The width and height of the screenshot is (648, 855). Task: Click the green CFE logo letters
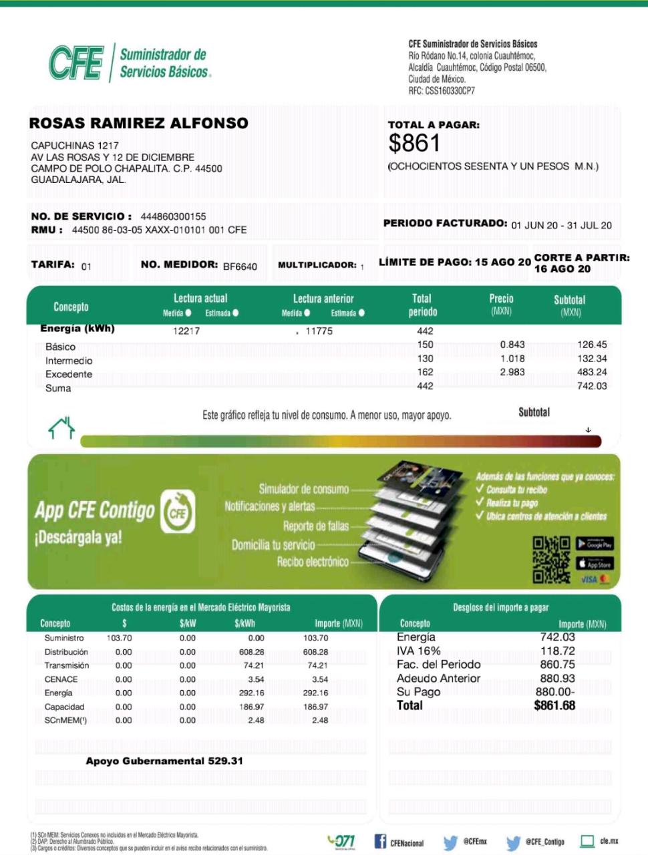(x=76, y=63)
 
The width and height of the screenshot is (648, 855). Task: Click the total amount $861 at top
(x=414, y=144)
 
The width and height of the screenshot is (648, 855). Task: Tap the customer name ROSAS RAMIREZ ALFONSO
(x=138, y=123)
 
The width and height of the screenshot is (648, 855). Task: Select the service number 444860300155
(x=173, y=216)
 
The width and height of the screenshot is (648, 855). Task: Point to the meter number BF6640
(x=240, y=267)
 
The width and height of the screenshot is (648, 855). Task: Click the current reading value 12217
(x=186, y=331)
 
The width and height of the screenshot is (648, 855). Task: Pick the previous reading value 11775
(x=319, y=331)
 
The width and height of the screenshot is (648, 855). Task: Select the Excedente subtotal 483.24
(x=592, y=372)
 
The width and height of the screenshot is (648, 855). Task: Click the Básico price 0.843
(x=512, y=345)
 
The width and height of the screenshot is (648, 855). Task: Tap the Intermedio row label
(x=69, y=361)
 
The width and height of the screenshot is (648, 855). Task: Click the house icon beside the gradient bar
(x=61, y=427)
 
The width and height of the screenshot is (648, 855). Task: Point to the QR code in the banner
(x=551, y=560)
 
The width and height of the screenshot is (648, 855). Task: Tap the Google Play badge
(x=595, y=544)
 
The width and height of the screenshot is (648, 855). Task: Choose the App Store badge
(x=595, y=564)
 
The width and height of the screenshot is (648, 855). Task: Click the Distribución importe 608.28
(x=315, y=652)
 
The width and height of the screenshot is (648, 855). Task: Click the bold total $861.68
(x=554, y=705)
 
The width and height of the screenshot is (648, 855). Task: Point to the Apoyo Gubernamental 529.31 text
(x=164, y=761)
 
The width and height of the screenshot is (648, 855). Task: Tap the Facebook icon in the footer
(x=380, y=842)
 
